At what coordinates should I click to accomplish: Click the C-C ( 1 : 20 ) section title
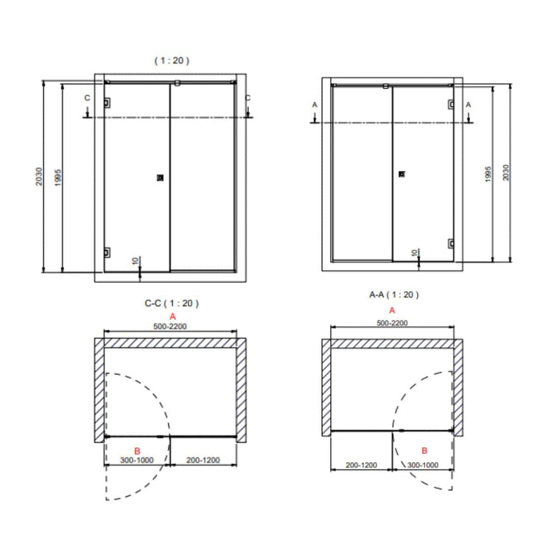pyautogui.click(x=172, y=303)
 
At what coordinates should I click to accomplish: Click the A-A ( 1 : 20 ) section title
pyautogui.click(x=394, y=295)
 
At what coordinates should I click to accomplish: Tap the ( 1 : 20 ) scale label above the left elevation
pyautogui.click(x=172, y=60)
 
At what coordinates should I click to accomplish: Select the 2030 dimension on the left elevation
pyautogui.click(x=39, y=176)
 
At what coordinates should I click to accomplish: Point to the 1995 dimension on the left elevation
pyautogui.click(x=58, y=178)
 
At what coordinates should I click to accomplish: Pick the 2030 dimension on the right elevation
pyautogui.click(x=505, y=172)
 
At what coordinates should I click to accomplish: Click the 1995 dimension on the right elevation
pyautogui.click(x=488, y=174)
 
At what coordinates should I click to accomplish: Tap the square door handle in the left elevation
pyautogui.click(x=160, y=178)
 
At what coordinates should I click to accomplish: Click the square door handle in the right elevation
pyautogui.click(x=402, y=174)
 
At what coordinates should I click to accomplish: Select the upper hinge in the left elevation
pyautogui.click(x=107, y=103)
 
